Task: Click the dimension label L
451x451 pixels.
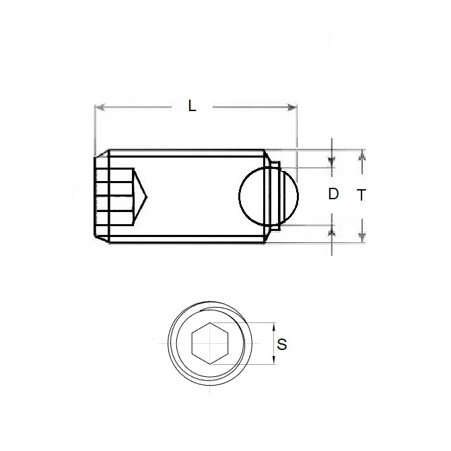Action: coord(193,106)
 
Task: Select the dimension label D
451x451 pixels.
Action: coord(333,195)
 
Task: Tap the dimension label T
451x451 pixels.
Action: coord(361,195)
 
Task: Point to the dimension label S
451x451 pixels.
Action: coord(282,345)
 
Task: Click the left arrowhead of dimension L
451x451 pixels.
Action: coord(101,106)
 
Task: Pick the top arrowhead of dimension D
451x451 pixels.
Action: coord(332,162)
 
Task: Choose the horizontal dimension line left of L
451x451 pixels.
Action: coord(141,106)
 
